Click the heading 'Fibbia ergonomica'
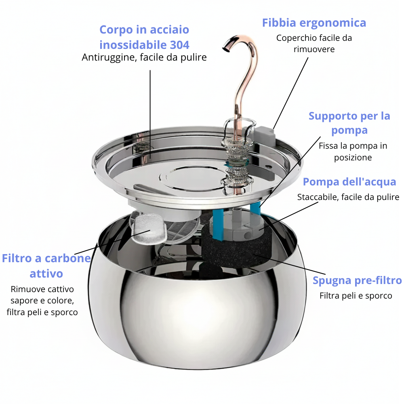coord(314,23)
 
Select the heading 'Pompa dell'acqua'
coord(349,182)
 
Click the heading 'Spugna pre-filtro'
coord(357,280)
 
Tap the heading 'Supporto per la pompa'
coord(349,123)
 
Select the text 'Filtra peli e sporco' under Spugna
coord(356,296)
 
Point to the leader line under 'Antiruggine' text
coord(150,113)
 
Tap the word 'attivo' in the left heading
coord(46,274)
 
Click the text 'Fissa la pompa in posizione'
coord(353,151)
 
